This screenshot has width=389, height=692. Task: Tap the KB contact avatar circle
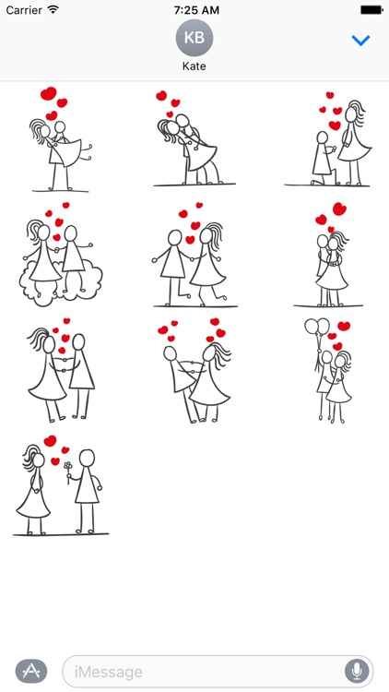(x=194, y=39)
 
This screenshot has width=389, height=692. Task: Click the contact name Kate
(x=194, y=67)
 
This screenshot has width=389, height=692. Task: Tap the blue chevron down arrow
(x=361, y=41)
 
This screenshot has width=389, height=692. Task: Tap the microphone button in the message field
(x=356, y=671)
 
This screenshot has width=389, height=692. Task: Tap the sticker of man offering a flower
(x=61, y=484)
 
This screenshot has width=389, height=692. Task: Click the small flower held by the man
(x=67, y=467)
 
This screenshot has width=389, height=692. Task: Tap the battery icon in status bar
(x=371, y=9)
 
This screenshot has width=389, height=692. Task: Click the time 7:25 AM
(x=194, y=9)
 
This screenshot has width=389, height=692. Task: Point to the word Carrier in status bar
(x=24, y=9)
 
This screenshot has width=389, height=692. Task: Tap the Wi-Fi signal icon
(x=53, y=9)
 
